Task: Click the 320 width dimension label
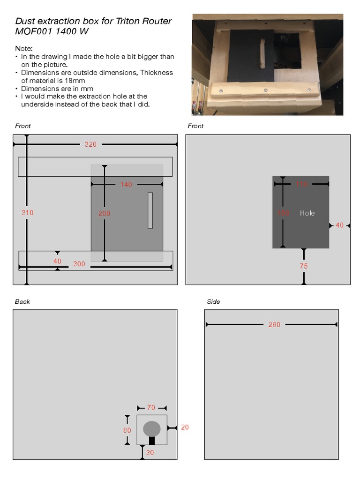(90, 144)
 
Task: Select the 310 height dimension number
(27, 212)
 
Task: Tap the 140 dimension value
(126, 185)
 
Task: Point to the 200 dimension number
(104, 213)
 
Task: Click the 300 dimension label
(79, 264)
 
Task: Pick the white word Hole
(307, 213)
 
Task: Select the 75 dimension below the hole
(304, 266)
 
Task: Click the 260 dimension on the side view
(274, 324)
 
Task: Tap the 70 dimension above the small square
(151, 408)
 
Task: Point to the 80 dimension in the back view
(127, 429)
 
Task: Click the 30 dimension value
(150, 452)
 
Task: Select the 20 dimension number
(185, 427)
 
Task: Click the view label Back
(22, 301)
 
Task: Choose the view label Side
(213, 301)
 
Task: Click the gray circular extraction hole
(151, 428)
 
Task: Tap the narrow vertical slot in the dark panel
(150, 210)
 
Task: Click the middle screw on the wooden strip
(265, 90)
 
